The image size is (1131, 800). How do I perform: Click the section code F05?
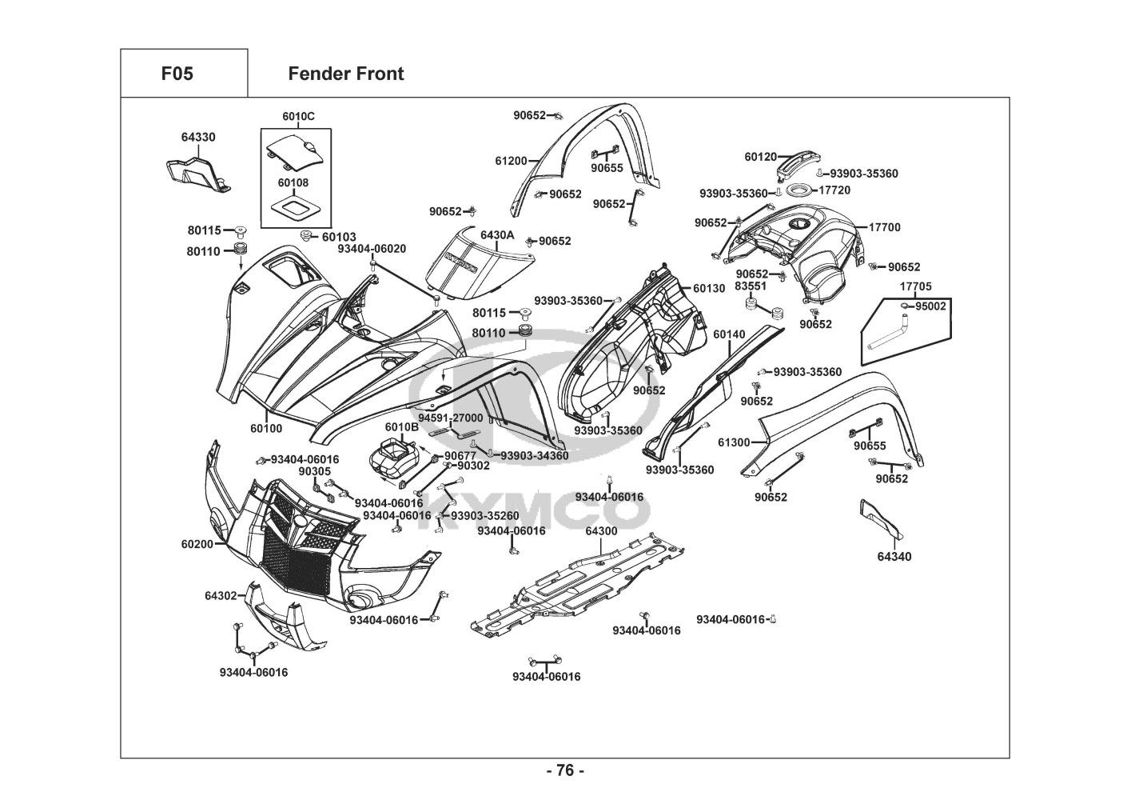(177, 74)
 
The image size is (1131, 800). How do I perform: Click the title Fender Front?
(345, 74)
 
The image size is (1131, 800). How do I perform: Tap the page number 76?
(565, 771)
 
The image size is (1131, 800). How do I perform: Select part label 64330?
(197, 138)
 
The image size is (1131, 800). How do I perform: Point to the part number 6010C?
(298, 117)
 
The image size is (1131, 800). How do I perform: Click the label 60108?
(293, 182)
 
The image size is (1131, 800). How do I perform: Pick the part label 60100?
(266, 429)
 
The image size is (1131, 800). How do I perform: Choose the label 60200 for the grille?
(197, 544)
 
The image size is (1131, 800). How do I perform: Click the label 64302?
(221, 596)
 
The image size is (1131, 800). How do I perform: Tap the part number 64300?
(601, 531)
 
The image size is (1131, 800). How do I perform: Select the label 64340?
(894, 557)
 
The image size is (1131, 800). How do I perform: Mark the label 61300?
(734, 442)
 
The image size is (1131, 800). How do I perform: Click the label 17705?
(916, 286)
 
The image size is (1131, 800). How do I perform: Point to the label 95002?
(931, 306)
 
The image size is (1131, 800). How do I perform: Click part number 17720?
(834, 190)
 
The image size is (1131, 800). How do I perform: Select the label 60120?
(760, 158)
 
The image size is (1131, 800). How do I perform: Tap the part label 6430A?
(497, 235)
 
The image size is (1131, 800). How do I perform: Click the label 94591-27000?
(451, 418)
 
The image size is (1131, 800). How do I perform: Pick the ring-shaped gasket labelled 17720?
(798, 191)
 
